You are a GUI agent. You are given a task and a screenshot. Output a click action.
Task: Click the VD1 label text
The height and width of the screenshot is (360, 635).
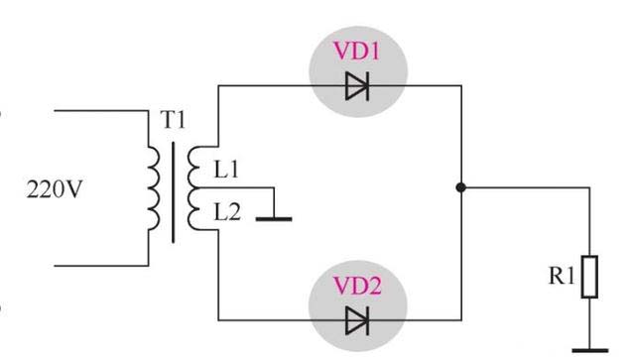(x=357, y=51)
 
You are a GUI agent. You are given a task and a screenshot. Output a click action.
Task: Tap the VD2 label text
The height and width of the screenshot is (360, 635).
(x=357, y=286)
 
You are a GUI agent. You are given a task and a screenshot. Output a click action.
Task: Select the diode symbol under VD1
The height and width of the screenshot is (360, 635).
(x=357, y=86)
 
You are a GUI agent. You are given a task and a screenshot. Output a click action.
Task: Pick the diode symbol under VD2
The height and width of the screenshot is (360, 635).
(x=357, y=320)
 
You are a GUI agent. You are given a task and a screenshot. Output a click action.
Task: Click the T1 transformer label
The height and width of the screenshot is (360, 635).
(x=174, y=120)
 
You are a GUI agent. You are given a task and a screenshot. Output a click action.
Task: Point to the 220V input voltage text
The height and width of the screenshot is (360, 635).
(x=55, y=189)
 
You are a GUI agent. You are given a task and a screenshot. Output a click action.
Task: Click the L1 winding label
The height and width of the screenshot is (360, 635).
(x=226, y=169)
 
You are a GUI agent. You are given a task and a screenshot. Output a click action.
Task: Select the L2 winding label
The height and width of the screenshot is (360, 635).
(x=227, y=212)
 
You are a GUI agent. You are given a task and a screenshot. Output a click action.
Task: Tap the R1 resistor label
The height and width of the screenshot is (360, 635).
(x=562, y=276)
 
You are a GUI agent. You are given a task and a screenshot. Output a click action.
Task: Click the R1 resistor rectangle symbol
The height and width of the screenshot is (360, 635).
(x=589, y=277)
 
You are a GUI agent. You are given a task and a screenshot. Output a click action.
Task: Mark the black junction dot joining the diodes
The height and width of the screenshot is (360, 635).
(x=460, y=187)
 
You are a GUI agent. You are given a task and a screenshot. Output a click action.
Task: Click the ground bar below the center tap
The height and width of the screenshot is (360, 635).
(x=274, y=219)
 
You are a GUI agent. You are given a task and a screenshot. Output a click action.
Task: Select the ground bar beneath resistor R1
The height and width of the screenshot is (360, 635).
(x=590, y=350)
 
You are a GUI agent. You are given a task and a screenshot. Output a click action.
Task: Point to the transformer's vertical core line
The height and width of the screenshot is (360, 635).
(x=174, y=192)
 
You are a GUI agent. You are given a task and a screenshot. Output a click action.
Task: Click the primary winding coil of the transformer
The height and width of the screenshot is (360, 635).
(x=155, y=188)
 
